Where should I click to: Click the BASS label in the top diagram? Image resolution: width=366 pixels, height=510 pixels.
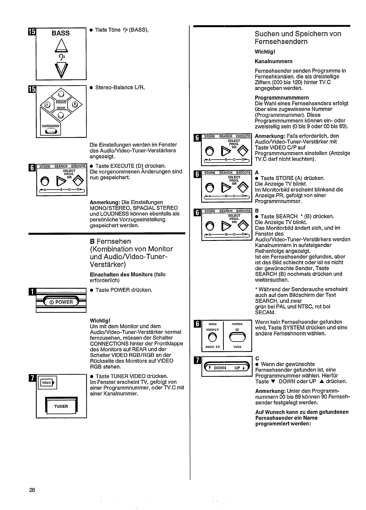point(61,33)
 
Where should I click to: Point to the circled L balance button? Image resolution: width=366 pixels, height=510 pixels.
point(47,105)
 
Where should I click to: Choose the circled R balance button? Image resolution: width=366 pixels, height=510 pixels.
point(75,105)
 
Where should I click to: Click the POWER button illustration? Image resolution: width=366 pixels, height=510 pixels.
point(61,302)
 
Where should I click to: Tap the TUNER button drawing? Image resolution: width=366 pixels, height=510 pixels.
point(61,406)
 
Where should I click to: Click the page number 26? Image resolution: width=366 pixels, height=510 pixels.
point(32,490)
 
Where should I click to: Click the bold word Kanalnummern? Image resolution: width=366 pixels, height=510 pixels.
point(273,61)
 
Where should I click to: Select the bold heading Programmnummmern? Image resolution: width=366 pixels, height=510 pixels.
point(281,97)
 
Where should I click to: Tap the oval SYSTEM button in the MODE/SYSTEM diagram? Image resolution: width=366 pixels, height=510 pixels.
point(237,337)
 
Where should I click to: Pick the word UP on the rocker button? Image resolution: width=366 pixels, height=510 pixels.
point(237,368)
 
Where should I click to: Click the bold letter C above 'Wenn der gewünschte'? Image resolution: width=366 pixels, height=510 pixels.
point(257,358)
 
